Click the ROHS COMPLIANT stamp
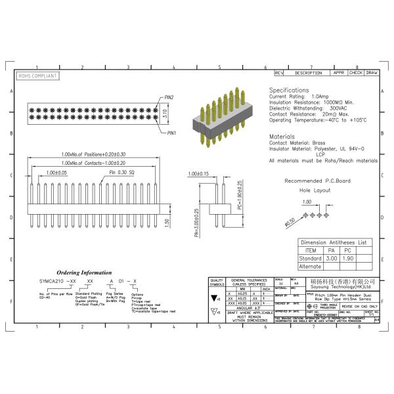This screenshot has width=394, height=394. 37,76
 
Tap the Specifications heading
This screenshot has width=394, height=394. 289,90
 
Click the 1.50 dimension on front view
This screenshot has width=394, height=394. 167,221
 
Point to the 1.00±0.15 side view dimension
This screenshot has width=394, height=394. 197,174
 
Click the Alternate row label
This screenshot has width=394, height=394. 310,267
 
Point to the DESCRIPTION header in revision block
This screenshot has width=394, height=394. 308,73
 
